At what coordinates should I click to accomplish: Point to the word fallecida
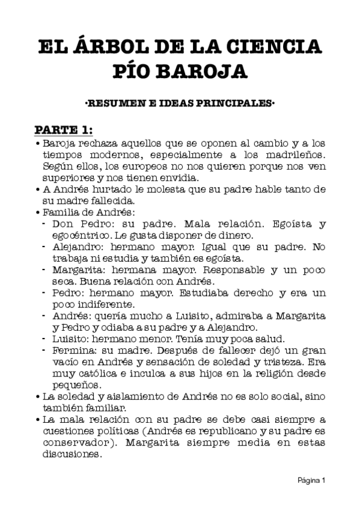click(114, 201)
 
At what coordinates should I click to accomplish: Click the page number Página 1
click(312, 481)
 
